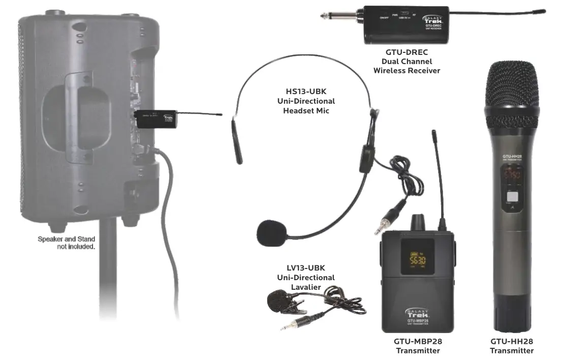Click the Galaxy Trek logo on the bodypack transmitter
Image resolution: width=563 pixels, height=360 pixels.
(x=417, y=312)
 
